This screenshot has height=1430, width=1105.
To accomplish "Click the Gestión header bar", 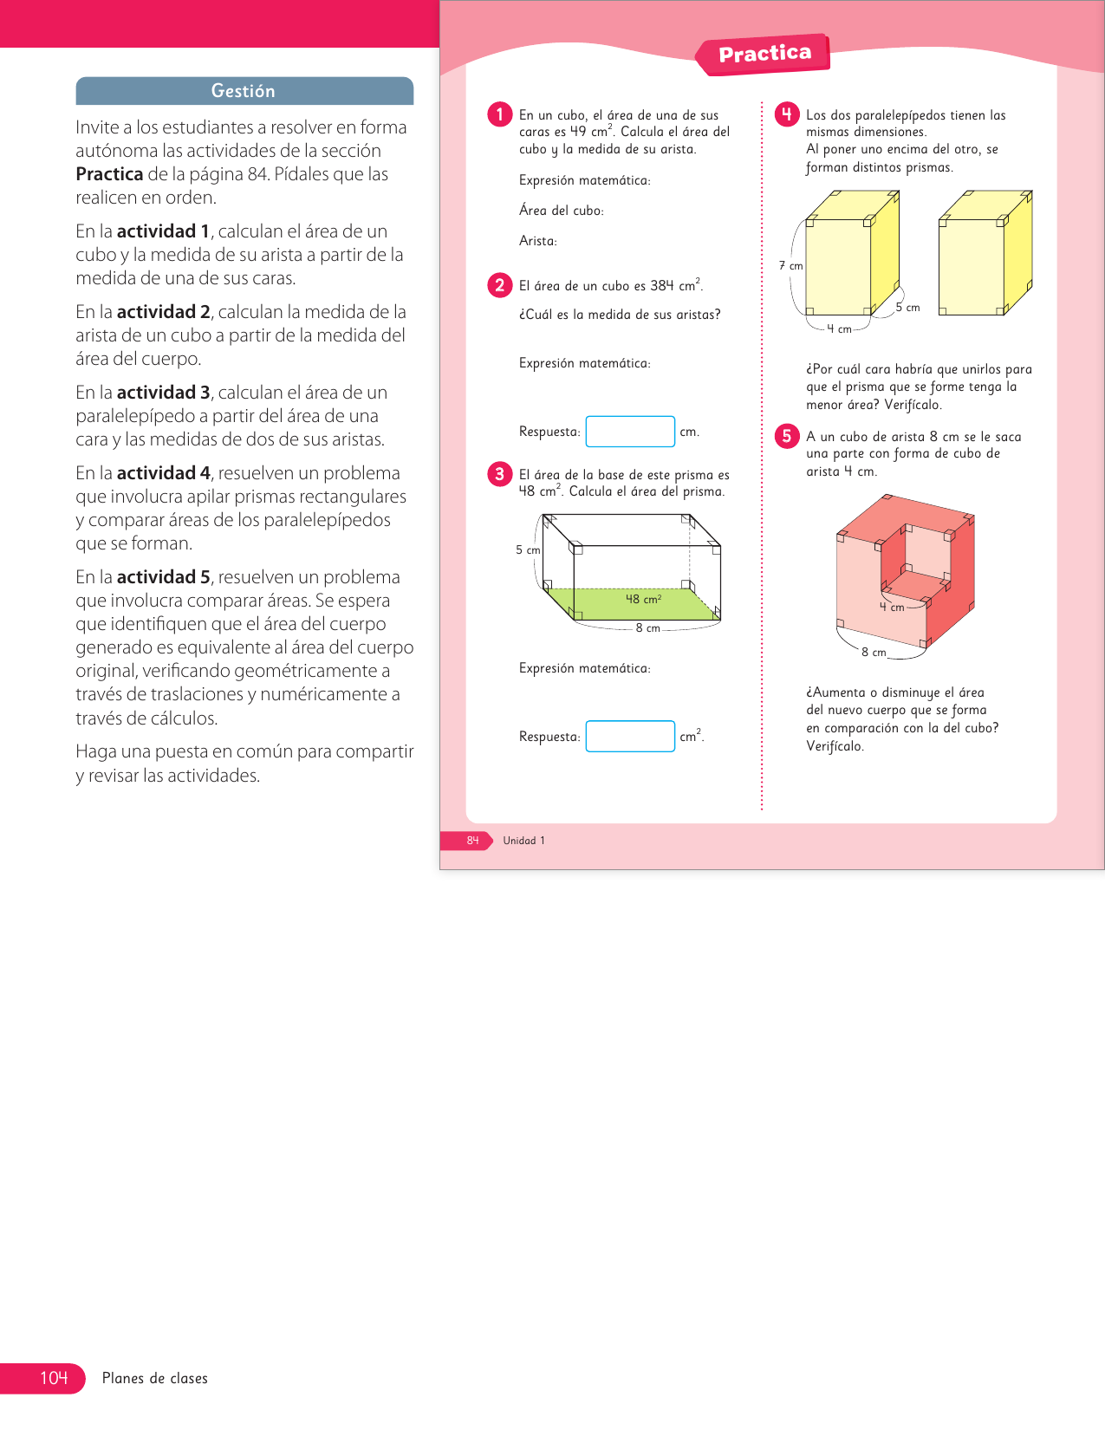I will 244,91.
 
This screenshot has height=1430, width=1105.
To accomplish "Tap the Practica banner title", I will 764,54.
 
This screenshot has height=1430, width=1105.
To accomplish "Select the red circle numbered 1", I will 500,114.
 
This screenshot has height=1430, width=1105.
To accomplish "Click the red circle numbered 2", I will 500,285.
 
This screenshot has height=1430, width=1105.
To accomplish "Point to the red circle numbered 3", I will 500,474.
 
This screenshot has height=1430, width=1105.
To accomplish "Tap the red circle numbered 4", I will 787,114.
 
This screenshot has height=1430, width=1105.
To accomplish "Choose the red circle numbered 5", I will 787,436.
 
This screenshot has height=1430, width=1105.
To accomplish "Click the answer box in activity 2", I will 630,432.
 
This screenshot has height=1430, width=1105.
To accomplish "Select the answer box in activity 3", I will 630,737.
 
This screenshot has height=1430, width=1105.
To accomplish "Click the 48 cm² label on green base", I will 644,599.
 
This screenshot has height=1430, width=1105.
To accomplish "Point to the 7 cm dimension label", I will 790,266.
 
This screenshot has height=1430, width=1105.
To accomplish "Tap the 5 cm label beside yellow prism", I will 907,308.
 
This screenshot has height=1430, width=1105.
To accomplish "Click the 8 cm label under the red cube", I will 874,653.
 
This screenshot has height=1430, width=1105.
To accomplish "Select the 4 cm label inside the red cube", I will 892,608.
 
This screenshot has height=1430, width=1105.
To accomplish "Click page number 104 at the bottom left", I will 54,1378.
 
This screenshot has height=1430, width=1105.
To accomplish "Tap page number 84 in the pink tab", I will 472,841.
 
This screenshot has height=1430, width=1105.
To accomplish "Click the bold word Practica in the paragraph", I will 109,174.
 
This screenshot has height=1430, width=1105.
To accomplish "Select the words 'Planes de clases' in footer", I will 155,1379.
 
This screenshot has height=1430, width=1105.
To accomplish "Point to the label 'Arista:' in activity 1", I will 538,241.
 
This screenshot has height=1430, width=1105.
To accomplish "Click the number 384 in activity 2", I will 662,286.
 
